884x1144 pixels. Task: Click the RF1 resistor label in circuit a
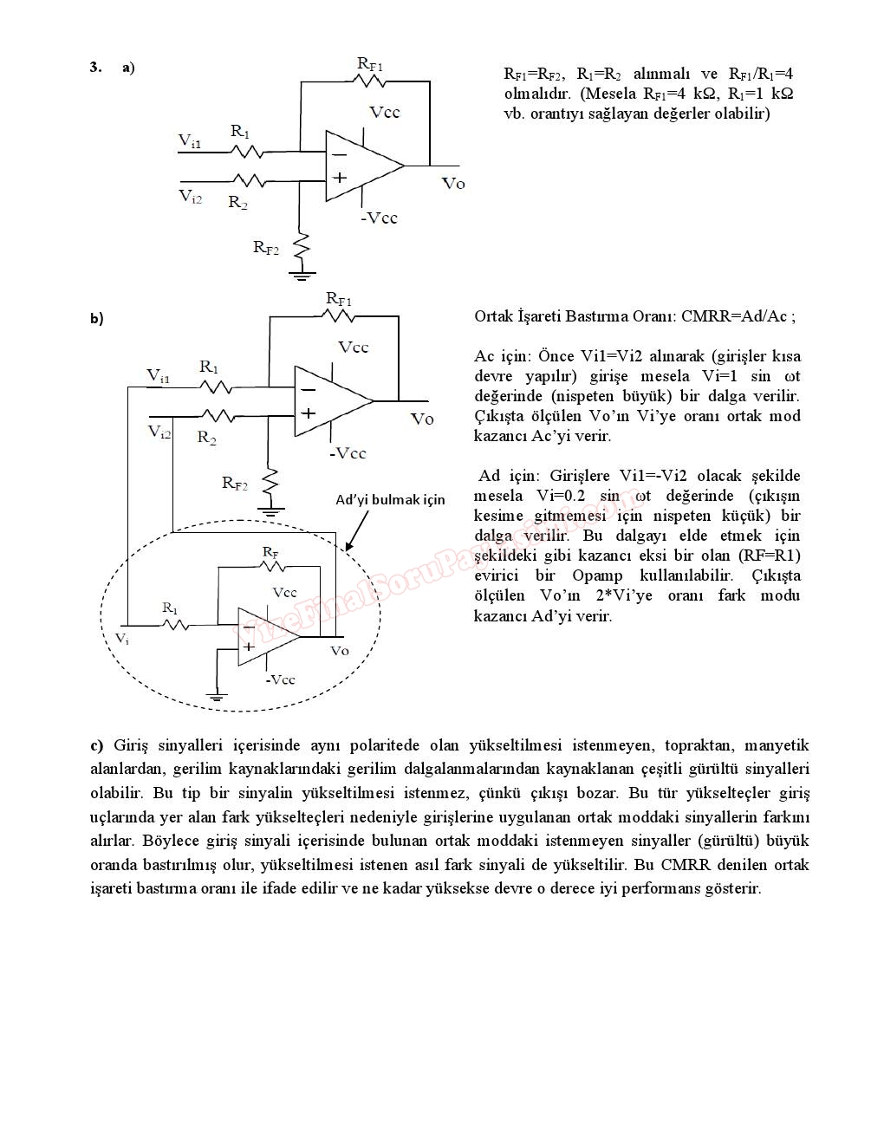pos(370,63)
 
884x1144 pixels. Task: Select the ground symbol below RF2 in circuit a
pos(302,276)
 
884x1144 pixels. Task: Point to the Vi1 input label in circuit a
pos(190,140)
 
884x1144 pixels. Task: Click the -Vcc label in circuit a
pos(380,218)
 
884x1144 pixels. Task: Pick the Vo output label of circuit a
pos(453,183)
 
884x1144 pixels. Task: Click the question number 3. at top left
pos(95,67)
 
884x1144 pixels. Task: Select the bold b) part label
pos(96,319)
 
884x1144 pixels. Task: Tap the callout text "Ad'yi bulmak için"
pos(390,499)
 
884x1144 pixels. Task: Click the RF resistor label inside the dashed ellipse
pos(270,552)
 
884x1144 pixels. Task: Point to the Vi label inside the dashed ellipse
pos(122,638)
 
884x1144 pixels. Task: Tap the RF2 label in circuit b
pos(235,483)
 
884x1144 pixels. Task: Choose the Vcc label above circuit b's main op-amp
pos(354,348)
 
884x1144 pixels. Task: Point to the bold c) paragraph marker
pos(96,745)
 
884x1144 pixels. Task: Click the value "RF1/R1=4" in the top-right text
pos(760,74)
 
